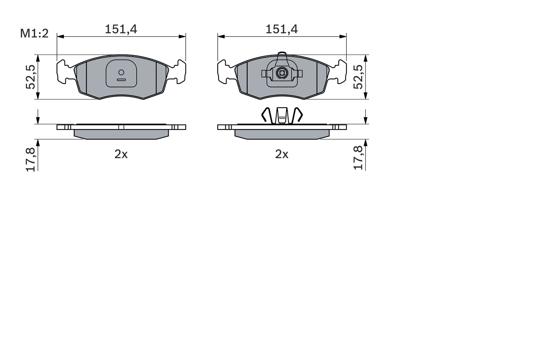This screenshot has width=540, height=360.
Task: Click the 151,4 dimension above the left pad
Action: [121, 29]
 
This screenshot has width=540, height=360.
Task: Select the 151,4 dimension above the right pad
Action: [282, 29]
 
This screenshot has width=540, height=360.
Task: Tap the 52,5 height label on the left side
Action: [30, 77]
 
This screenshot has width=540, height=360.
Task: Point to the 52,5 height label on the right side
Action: [358, 77]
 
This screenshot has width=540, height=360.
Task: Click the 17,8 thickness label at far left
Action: [30, 159]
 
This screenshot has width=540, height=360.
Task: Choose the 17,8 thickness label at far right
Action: [358, 159]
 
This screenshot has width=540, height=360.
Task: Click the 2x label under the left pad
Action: [121, 154]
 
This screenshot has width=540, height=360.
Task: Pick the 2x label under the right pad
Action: [282, 154]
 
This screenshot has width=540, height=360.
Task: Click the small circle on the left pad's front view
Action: [121, 72]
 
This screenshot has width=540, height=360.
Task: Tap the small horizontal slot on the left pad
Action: [121, 79]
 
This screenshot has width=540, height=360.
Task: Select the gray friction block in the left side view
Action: [121, 134]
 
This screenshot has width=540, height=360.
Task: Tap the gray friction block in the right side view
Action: [282, 134]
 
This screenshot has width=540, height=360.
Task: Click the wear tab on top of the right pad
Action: [282, 58]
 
